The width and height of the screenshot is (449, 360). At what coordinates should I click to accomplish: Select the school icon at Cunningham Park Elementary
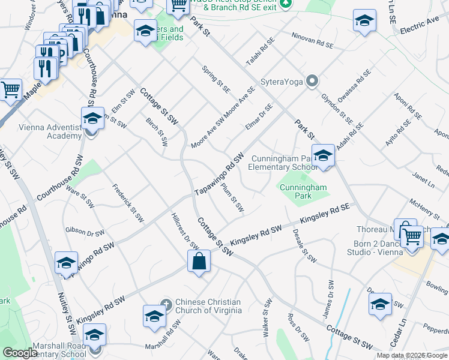point(323,156)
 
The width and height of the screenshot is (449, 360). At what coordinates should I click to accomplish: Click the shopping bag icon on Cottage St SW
point(199,262)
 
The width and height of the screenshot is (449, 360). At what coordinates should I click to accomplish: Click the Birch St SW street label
point(157,131)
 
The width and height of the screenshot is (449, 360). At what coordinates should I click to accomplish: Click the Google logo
point(20,353)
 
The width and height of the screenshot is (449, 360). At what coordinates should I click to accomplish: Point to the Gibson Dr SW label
point(85,230)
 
